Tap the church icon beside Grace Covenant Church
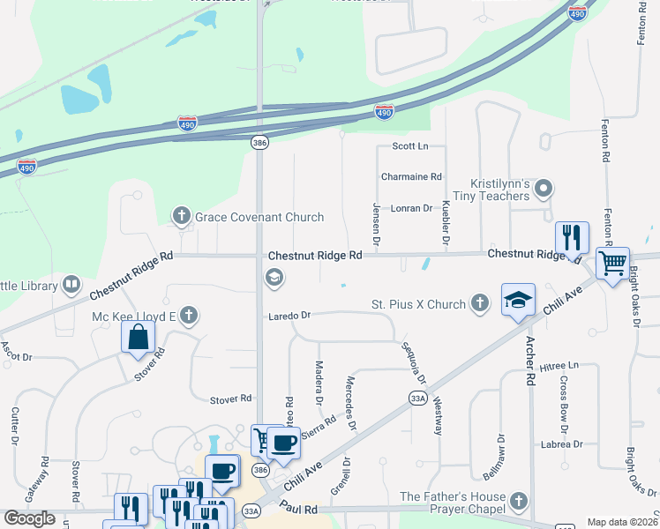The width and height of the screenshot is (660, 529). point(182,216)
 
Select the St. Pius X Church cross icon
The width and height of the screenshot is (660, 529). point(480,304)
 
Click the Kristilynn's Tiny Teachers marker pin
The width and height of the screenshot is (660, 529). point(544,188)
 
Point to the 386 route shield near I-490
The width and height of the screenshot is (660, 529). point(258,142)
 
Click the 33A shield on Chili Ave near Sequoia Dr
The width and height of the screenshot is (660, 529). point(418,398)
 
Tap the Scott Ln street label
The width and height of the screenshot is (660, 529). point(409,145)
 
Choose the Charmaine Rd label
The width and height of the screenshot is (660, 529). point(411,176)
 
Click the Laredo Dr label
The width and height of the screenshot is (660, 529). point(291,315)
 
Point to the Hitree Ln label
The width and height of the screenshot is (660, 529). point(560,365)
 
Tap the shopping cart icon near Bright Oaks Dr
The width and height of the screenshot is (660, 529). point(612,262)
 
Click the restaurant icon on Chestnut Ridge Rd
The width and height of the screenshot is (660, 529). point(572,236)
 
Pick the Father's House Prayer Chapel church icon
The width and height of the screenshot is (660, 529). point(519,503)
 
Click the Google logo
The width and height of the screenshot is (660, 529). point(30,518)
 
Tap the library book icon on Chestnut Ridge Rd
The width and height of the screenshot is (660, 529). point(71,286)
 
